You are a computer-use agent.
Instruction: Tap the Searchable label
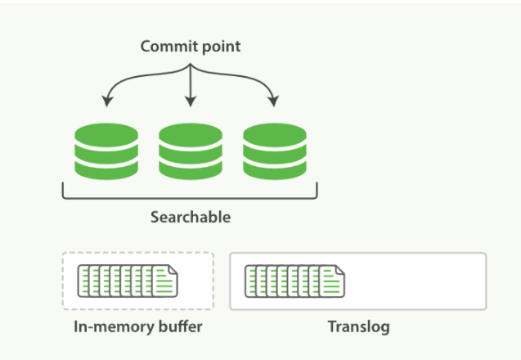(x=191, y=217)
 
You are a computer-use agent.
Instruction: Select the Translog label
(x=358, y=326)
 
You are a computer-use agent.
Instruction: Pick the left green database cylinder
(x=106, y=151)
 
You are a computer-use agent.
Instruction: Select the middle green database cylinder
(x=191, y=151)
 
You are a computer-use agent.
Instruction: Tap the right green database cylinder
(x=275, y=151)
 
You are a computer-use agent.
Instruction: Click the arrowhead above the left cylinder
(x=106, y=101)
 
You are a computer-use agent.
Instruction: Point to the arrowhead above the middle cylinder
(x=191, y=101)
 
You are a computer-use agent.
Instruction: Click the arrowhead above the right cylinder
(x=274, y=101)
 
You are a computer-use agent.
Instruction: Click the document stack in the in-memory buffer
(x=128, y=281)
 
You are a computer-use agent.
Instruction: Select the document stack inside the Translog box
(x=294, y=281)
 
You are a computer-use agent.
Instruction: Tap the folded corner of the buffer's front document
(x=173, y=269)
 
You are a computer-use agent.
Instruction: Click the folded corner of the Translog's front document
(x=340, y=269)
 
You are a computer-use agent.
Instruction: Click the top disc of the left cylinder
(x=106, y=135)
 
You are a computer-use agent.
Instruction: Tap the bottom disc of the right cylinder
(x=275, y=170)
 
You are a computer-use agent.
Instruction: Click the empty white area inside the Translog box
(x=415, y=281)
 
